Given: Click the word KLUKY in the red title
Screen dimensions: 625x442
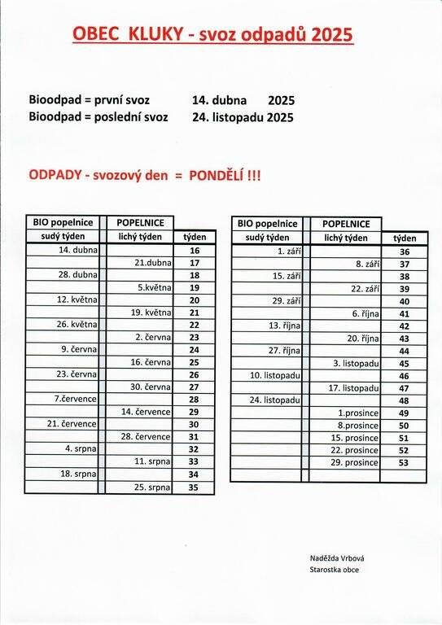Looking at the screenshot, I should (160, 33).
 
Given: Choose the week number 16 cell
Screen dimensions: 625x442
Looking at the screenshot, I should (195, 251).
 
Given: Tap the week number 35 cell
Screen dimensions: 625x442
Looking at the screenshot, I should (195, 487).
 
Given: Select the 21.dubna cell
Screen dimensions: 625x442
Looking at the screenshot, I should (153, 263).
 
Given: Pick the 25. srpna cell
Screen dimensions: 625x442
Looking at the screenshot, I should (152, 487).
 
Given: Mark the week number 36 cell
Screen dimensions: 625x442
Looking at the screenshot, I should (405, 251).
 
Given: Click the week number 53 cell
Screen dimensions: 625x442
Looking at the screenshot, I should (405, 462).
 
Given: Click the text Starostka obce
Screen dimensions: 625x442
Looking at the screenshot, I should (335, 569).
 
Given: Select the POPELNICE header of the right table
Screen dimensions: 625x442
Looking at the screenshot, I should (346, 223).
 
